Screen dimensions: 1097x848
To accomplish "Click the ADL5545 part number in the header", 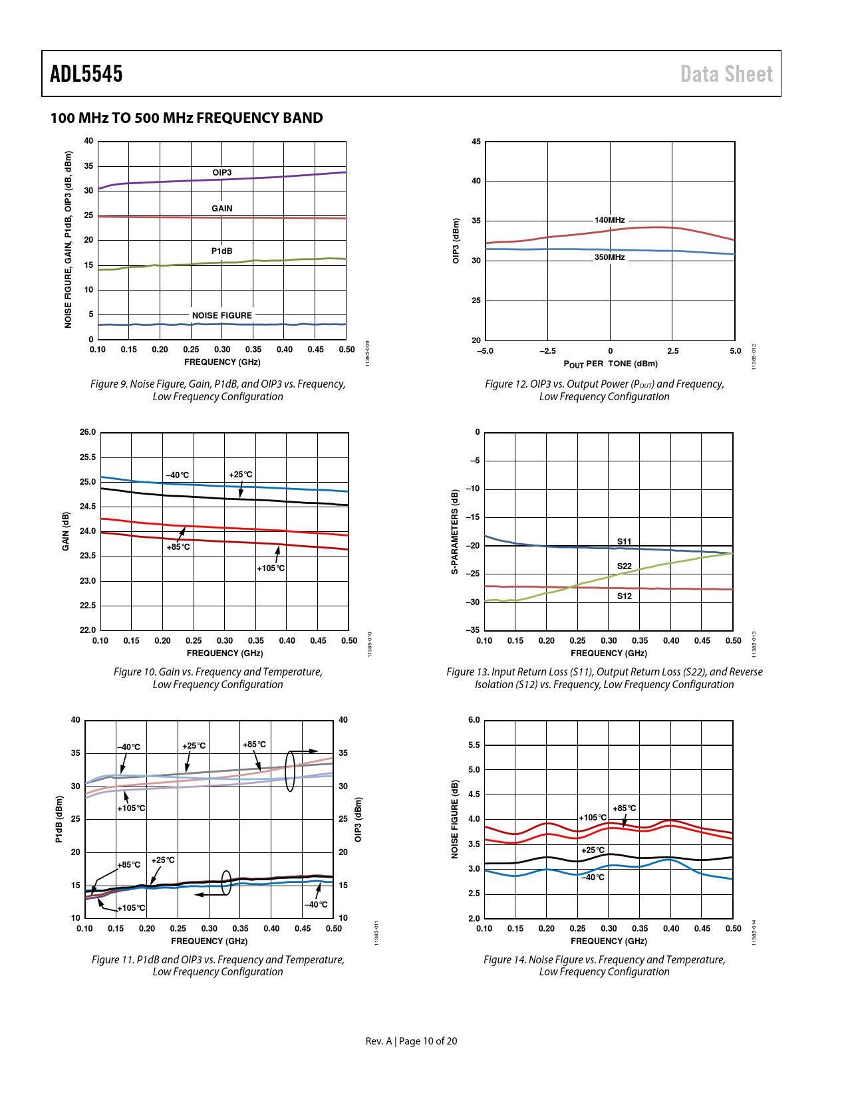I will (86, 74).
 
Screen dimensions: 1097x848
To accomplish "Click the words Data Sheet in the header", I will (726, 74).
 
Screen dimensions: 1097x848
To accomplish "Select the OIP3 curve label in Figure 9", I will (222, 173).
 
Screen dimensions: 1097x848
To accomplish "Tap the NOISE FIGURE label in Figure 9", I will (222, 316).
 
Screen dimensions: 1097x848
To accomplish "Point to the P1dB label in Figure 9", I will (222, 251).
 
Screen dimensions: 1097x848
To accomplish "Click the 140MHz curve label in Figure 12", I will (609, 220).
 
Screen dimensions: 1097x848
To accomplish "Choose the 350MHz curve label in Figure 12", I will (609, 257).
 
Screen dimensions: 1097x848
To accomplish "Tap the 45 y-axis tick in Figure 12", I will (476, 142).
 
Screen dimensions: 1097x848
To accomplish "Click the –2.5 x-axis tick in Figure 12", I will (547, 351).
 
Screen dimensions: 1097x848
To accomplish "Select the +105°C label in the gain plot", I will (271, 568).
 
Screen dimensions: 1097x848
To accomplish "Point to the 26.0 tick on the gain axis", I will (88, 432).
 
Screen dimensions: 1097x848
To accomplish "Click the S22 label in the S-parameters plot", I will (624, 566).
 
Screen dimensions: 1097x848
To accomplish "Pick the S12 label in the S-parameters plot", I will (624, 596).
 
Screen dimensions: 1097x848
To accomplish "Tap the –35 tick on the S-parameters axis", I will (473, 630).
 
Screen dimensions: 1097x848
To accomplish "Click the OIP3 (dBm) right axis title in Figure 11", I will (358, 819).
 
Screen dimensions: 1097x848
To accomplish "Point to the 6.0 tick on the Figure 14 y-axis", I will (474, 720).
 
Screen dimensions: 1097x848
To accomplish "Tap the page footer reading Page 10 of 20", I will (428, 1041).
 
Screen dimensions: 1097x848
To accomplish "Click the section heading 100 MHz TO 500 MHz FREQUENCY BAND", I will (187, 118).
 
